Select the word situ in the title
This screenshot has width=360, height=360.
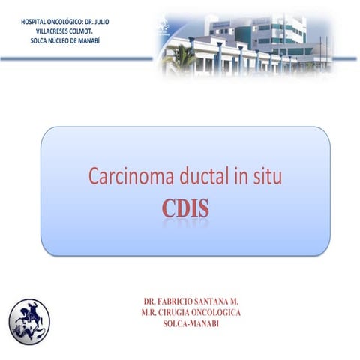(x=266, y=178)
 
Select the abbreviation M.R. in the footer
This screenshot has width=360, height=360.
(x=146, y=312)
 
